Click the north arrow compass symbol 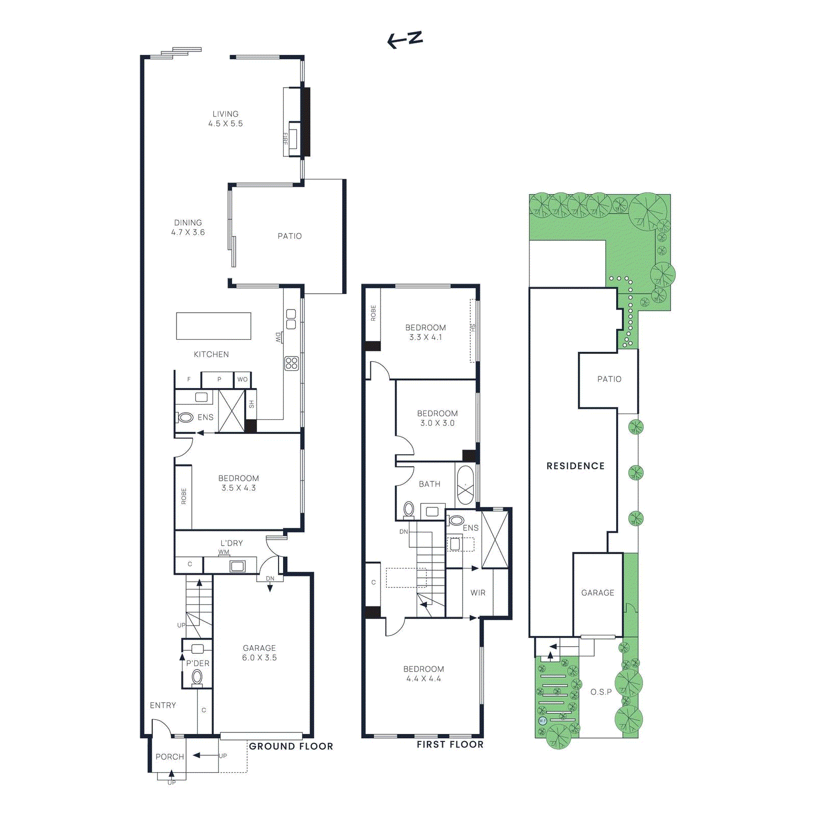click(x=405, y=39)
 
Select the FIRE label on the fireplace click(x=286, y=138)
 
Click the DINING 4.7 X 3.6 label click(x=188, y=227)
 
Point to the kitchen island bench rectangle click(x=214, y=326)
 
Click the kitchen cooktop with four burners click(x=291, y=363)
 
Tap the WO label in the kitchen click(x=242, y=379)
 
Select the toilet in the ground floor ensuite click(x=185, y=418)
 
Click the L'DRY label click(x=232, y=543)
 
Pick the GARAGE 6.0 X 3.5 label click(x=259, y=653)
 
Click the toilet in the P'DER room click(x=197, y=677)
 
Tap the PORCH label click(x=170, y=757)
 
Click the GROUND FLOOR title click(x=291, y=746)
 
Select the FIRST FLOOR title click(x=450, y=745)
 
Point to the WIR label click(x=478, y=593)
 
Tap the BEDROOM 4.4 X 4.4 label click(x=423, y=674)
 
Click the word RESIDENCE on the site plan click(x=575, y=466)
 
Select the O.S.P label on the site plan click(x=601, y=692)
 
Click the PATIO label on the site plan click(x=609, y=379)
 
